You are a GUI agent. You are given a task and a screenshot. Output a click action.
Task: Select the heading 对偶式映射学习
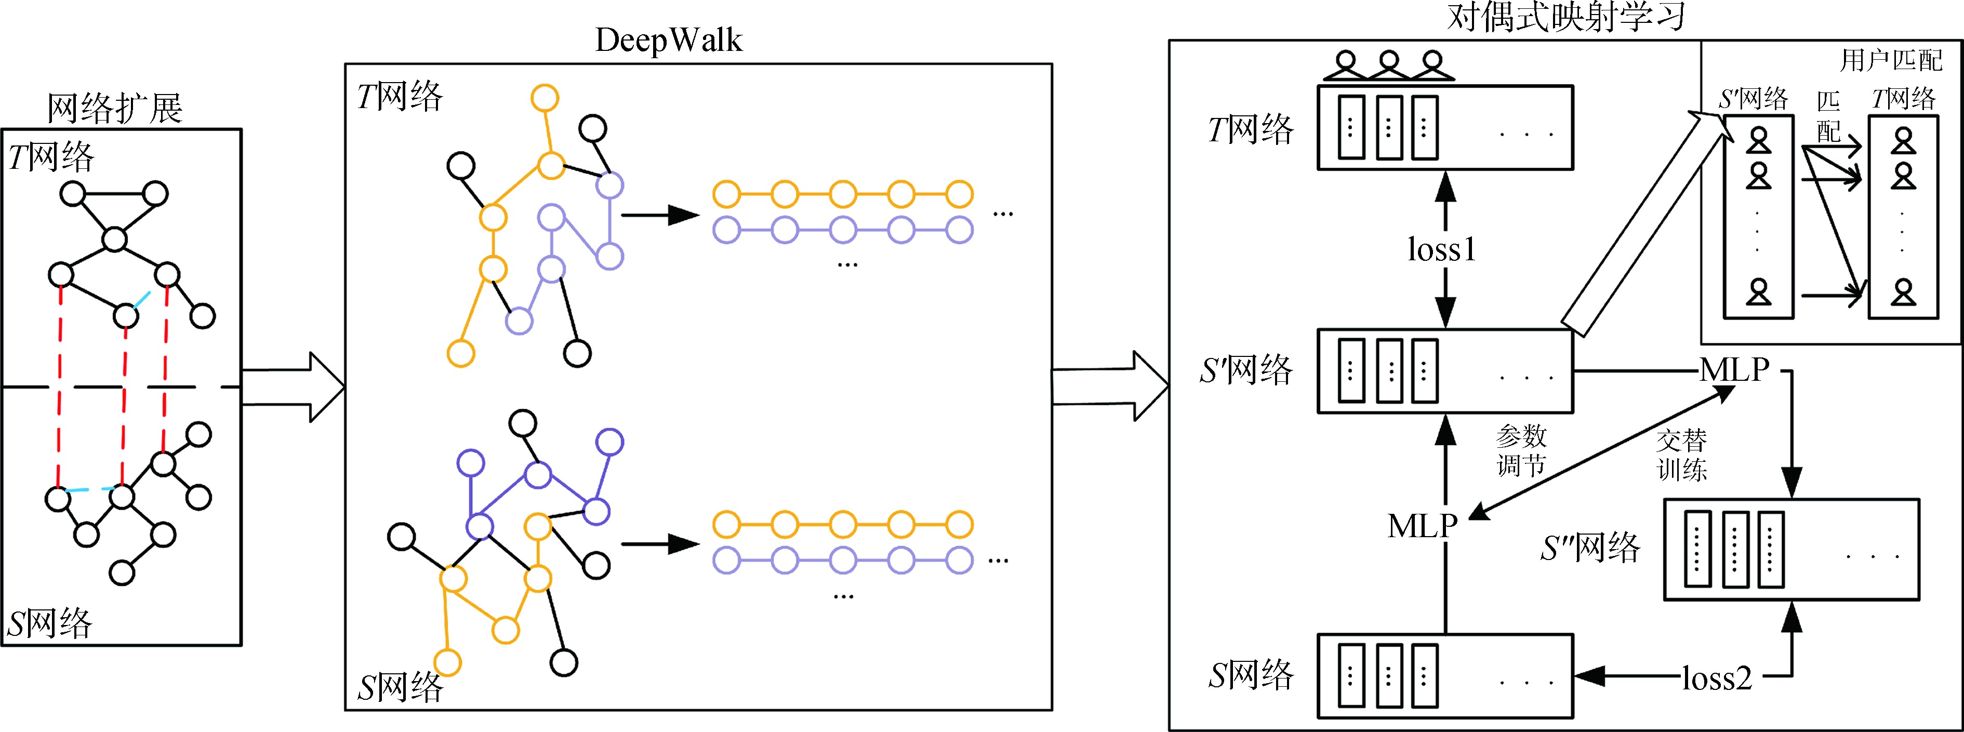point(1566,17)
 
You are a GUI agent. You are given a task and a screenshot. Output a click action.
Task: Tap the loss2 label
point(1717,677)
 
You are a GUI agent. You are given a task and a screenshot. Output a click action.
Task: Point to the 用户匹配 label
point(1891,59)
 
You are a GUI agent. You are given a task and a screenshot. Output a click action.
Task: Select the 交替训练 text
point(1682,455)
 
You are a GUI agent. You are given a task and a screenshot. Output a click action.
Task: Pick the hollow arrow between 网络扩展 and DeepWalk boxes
point(294,387)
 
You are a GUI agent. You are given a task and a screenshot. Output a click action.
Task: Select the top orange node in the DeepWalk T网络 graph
point(545,98)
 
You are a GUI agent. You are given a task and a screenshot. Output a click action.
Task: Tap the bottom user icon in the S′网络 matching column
point(1759,292)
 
